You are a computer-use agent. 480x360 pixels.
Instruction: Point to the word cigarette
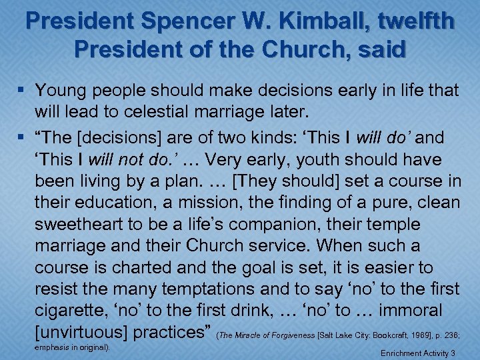82,311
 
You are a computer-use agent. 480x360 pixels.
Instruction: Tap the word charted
139,267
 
